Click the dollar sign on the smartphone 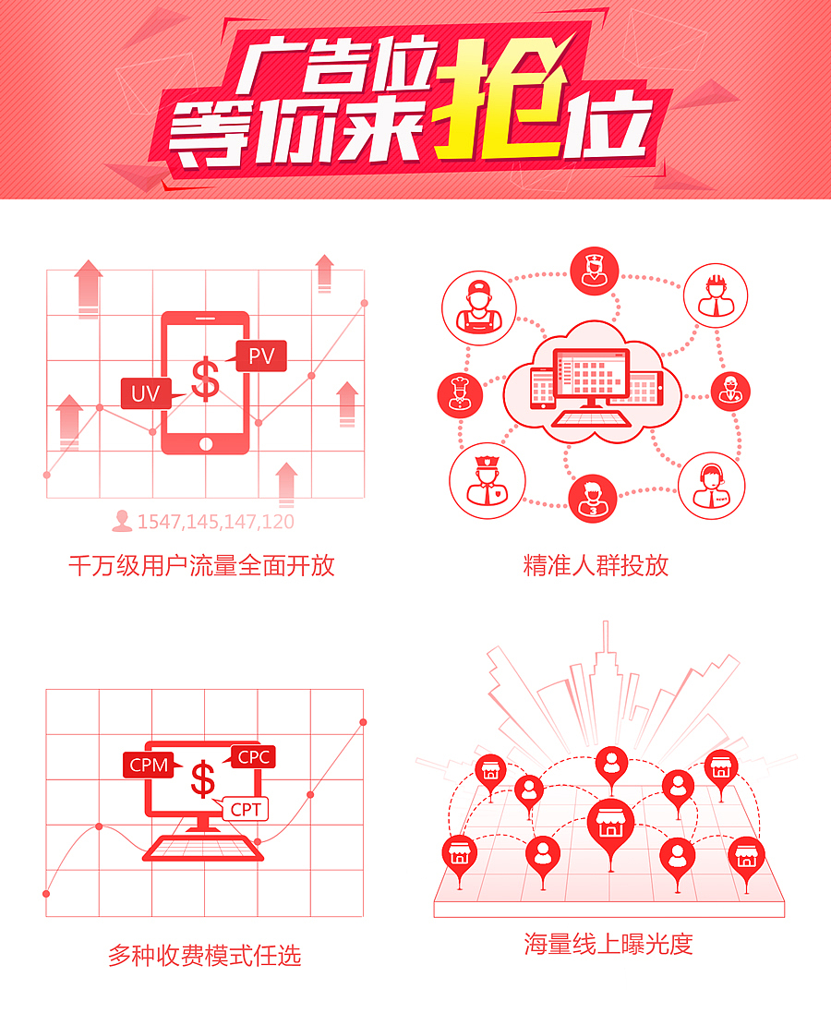click(x=205, y=379)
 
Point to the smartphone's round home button click(x=205, y=444)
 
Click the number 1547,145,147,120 click(x=216, y=522)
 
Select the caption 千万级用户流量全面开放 click(x=201, y=565)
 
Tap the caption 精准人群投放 click(x=596, y=565)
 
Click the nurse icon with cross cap click(x=594, y=271)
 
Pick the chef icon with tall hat click(x=460, y=395)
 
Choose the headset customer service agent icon click(x=711, y=486)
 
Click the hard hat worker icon click(x=716, y=295)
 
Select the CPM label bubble click(x=151, y=765)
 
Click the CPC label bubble click(x=251, y=757)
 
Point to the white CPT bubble click(x=243, y=809)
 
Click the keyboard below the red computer click(x=203, y=848)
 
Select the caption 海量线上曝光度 click(x=608, y=944)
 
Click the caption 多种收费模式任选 click(x=205, y=956)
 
